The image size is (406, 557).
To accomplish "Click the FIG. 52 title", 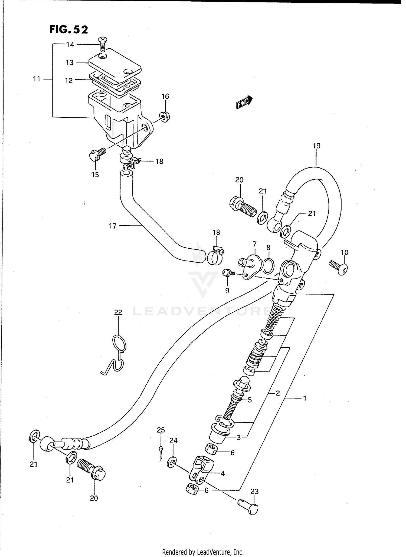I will click(69, 29).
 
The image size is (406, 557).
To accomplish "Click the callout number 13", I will click(69, 63).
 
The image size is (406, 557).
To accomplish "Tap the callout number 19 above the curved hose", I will click(316, 146).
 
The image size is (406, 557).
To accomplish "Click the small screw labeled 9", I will click(227, 273).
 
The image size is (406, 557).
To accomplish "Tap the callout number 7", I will click(254, 244).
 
